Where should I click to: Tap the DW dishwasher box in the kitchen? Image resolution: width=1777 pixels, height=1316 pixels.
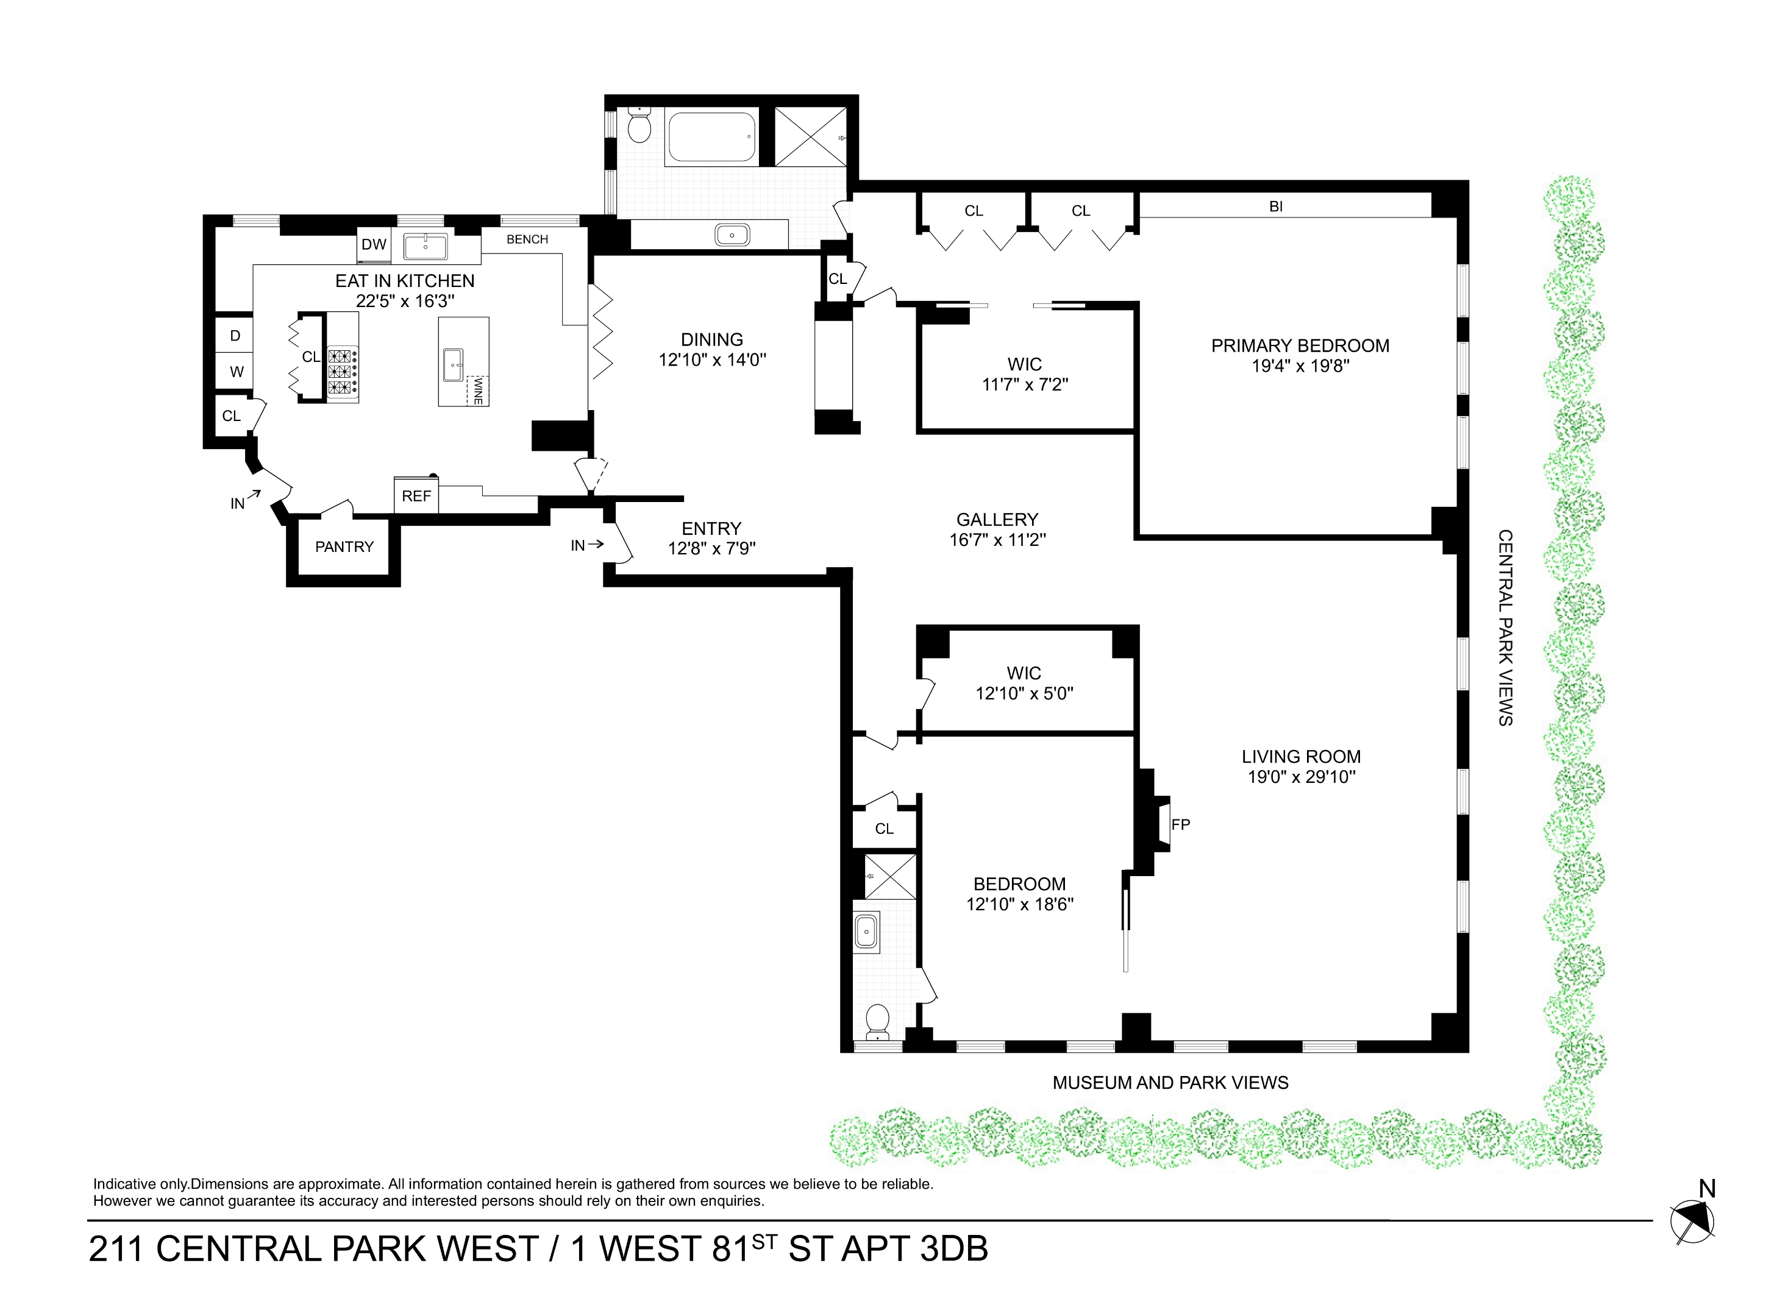point(373,244)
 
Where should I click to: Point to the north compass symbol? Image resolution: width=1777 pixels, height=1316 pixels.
point(1692,1221)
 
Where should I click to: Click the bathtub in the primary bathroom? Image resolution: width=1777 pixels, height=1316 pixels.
point(711,137)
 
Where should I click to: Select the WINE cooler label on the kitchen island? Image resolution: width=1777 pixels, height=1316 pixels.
point(477,391)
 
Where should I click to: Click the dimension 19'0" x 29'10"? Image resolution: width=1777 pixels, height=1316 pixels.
point(1302,777)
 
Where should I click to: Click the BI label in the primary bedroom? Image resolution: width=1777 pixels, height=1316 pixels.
point(1276,207)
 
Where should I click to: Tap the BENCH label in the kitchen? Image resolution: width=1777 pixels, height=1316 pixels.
point(527,239)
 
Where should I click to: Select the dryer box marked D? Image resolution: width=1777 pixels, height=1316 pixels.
point(235,335)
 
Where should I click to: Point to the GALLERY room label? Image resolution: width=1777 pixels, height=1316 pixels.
point(997,519)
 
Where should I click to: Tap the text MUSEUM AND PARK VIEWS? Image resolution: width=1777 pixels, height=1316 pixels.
point(1170,1083)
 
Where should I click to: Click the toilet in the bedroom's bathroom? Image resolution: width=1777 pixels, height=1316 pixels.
point(877,1021)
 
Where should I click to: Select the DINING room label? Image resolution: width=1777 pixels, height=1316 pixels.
point(711,339)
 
